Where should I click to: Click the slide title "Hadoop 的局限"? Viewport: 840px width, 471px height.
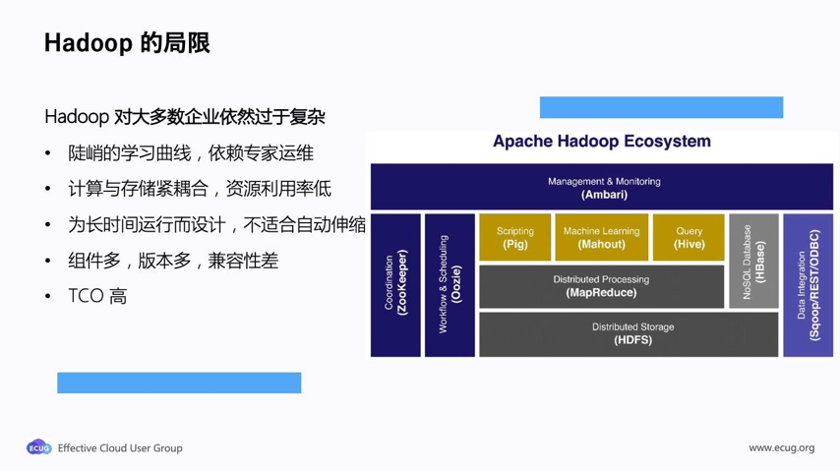coord(127,43)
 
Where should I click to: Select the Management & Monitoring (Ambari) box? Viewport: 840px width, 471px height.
coord(602,187)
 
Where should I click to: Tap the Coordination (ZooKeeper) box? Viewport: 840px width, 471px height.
coord(395,284)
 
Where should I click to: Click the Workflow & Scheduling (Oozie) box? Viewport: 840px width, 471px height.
coord(450,284)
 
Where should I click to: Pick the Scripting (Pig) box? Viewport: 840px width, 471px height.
coord(514,237)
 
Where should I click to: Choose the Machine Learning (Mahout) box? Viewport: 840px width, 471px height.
coord(601,237)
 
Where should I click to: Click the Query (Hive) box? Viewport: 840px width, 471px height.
coord(689,237)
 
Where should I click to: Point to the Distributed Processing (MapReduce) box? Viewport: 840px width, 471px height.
coord(601,286)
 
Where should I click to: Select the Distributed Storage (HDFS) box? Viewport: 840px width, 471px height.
coord(629,333)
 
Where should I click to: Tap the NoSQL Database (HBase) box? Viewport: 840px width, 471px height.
coord(753,261)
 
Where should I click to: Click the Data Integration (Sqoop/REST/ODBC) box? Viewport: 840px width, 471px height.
coord(808,284)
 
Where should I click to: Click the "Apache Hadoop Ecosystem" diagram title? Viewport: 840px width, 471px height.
coord(601,142)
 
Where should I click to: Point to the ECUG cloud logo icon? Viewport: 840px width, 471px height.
coord(38,447)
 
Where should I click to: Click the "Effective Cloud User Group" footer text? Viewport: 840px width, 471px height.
coord(120,448)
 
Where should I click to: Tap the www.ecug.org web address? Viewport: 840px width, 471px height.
coord(781,448)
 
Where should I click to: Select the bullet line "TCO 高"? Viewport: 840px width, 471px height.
coord(96,296)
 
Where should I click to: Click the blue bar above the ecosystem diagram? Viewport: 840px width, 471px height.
coord(661,107)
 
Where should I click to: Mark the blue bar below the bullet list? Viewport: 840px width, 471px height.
coord(179,383)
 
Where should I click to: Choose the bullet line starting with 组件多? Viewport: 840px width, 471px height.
coord(172,261)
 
